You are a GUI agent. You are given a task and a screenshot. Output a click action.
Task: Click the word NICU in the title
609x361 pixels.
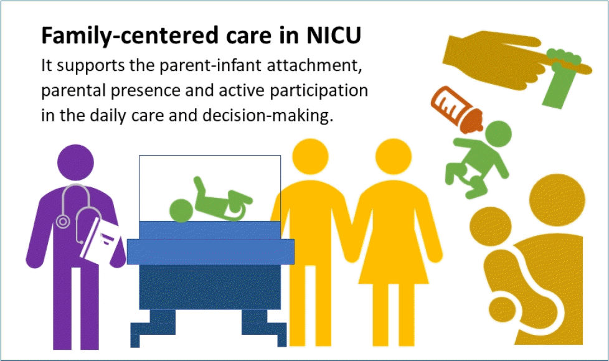point(333,36)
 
